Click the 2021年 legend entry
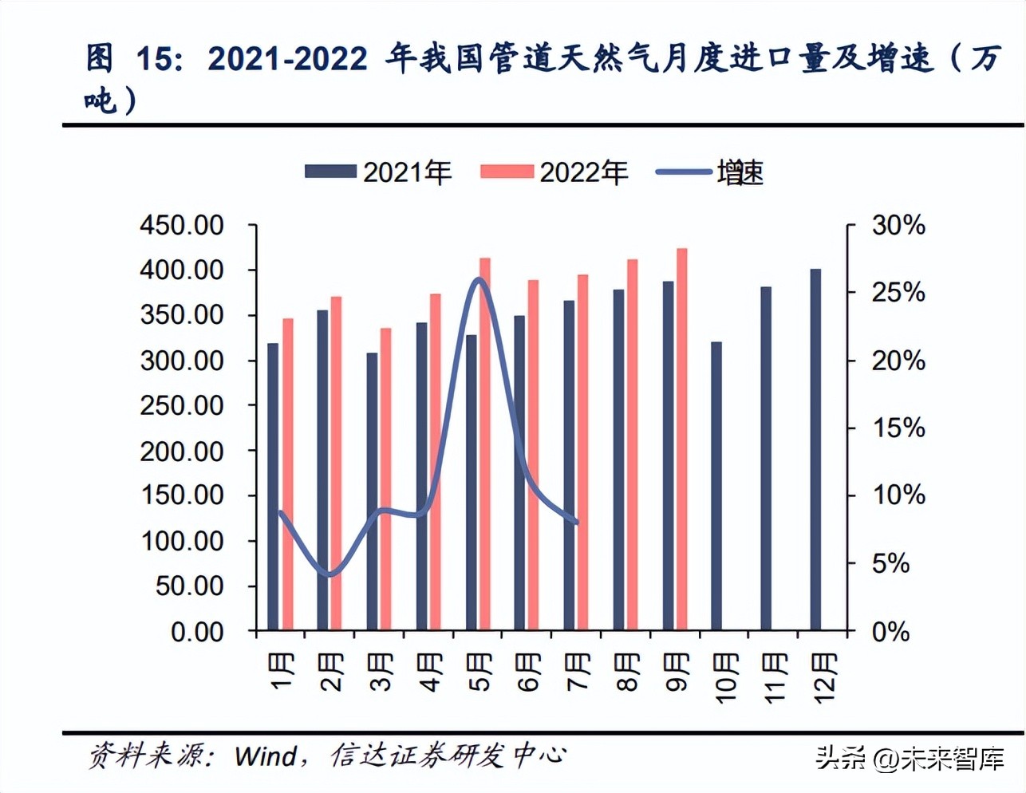pos(378,172)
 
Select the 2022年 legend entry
pos(554,172)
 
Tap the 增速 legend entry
pos(710,172)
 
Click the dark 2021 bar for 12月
pos(815,450)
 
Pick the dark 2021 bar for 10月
pos(716,487)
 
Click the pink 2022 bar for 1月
pos(288,475)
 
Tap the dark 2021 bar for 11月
pos(766,459)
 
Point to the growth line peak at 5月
pos(479,278)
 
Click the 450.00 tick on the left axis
pos(182,226)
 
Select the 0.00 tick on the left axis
pos(197,632)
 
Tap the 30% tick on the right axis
pos(898,226)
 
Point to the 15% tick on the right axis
pos(898,428)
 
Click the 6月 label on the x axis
pos(529,673)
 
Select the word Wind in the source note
pos(266,756)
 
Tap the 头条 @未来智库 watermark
pos(910,758)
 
